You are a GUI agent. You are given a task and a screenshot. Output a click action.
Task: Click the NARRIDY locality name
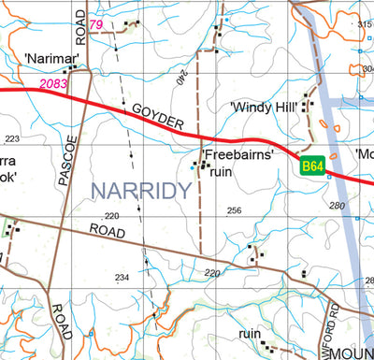141,192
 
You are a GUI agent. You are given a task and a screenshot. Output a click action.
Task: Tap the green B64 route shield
312,166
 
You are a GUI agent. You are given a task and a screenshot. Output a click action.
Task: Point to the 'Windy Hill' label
265,108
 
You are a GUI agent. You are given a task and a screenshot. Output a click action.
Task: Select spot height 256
234,210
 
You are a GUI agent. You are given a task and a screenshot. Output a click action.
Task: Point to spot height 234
122,278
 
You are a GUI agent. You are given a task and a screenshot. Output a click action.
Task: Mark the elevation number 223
11,139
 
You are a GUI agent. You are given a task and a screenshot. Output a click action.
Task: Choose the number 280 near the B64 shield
337,205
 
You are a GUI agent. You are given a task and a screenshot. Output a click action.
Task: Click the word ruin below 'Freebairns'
221,172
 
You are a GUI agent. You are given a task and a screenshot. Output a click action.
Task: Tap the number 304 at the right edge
366,68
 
